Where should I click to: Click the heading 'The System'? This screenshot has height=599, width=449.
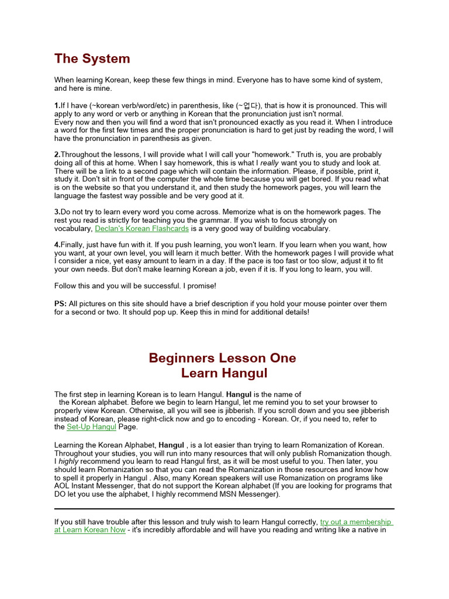tap(92, 58)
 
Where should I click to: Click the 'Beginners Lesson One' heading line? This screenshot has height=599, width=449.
tap(222, 357)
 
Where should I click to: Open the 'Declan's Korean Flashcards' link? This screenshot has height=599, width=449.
tap(141, 229)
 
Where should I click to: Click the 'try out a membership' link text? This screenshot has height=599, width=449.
tap(355, 522)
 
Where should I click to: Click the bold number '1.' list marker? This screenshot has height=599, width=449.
tap(57, 106)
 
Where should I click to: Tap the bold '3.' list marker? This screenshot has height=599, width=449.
tap(57, 212)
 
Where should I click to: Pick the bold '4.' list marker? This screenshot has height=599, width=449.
tap(57, 245)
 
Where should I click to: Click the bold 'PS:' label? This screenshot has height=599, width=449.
tap(61, 304)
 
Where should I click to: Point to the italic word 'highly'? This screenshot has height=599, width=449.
tap(68, 462)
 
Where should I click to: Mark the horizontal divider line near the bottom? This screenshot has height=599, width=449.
tap(224, 509)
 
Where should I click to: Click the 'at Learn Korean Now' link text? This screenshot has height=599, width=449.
tap(89, 530)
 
